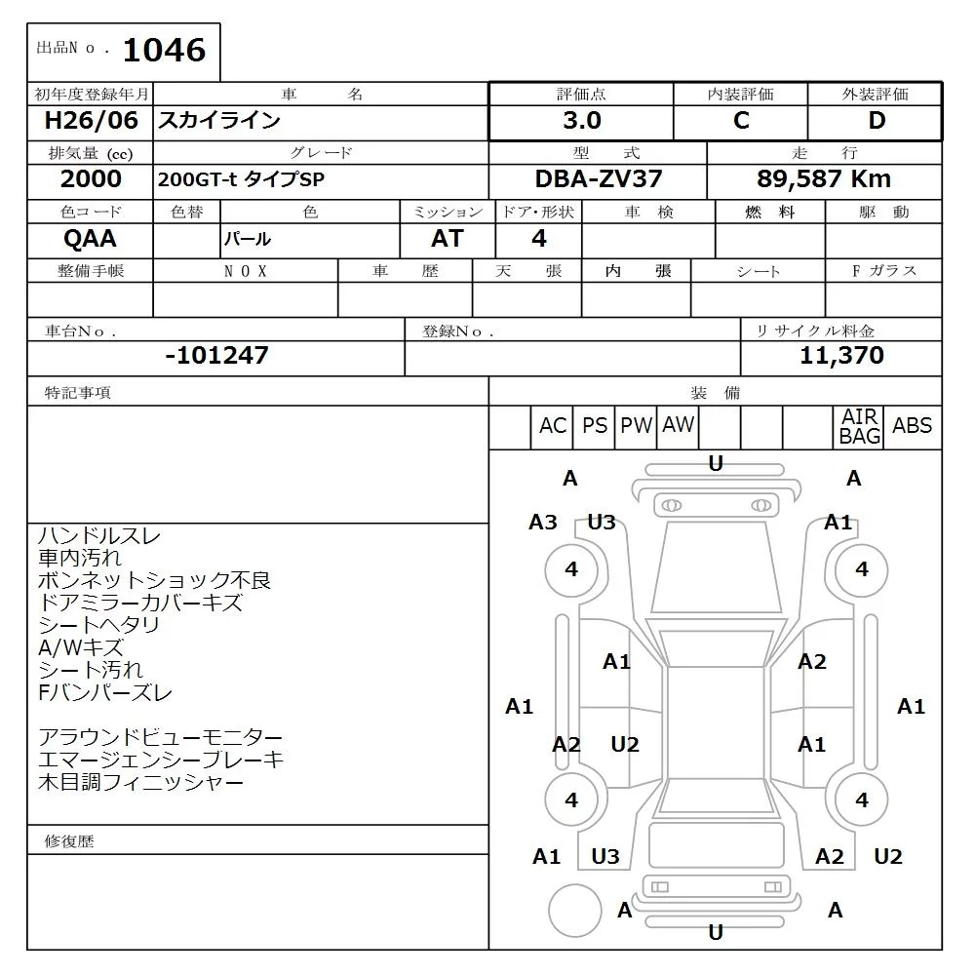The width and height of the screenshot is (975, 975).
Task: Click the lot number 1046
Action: [164, 50]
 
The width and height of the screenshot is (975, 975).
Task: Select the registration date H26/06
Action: [91, 120]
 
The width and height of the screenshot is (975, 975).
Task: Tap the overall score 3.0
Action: [582, 120]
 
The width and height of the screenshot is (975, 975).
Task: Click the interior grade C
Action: [741, 120]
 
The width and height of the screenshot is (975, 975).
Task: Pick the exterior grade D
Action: [877, 120]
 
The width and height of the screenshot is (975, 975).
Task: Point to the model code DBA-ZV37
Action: [599, 179]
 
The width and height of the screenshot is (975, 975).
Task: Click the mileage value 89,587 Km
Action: [823, 179]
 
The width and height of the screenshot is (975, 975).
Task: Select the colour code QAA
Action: [90, 239]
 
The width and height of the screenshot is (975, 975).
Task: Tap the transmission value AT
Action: [448, 239]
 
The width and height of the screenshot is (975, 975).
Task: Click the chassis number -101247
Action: [217, 355]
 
